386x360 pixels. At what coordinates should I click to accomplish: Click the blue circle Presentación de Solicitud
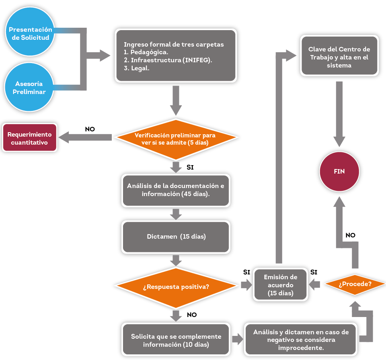click(x=30, y=33)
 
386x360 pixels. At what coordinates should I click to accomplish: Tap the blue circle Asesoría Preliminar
click(x=30, y=88)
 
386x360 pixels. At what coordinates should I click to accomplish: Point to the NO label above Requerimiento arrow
click(x=90, y=129)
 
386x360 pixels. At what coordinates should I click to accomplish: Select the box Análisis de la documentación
click(x=175, y=190)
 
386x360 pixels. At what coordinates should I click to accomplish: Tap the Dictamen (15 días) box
click(x=176, y=236)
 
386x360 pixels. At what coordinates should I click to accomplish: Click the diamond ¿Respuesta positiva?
click(x=176, y=287)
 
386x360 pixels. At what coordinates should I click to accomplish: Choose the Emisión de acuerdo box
click(x=280, y=285)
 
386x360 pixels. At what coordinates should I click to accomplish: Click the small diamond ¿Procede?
click(x=355, y=284)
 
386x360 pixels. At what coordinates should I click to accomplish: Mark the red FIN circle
click(x=339, y=171)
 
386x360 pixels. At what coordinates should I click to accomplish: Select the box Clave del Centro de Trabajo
click(x=339, y=57)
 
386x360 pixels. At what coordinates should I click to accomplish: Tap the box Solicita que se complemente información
click(x=176, y=340)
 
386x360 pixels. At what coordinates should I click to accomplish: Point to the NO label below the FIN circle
click(x=350, y=235)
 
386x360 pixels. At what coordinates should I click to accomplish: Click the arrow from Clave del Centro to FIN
click(x=339, y=112)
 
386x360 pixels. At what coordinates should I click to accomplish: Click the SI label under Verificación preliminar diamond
click(x=190, y=167)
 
